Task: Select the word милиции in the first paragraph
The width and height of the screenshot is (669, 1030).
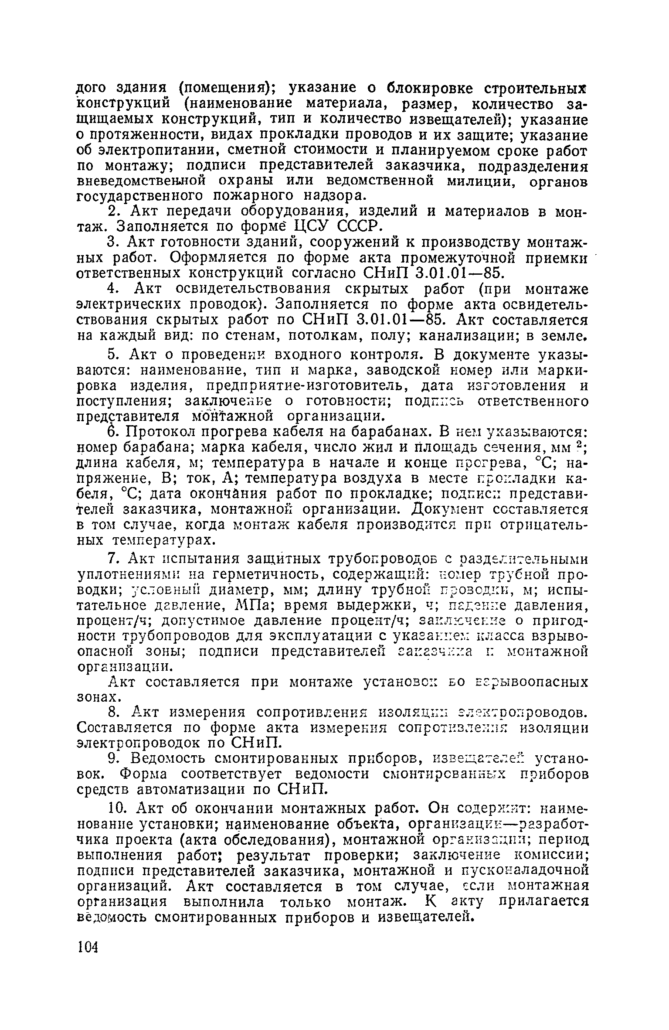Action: (x=481, y=181)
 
